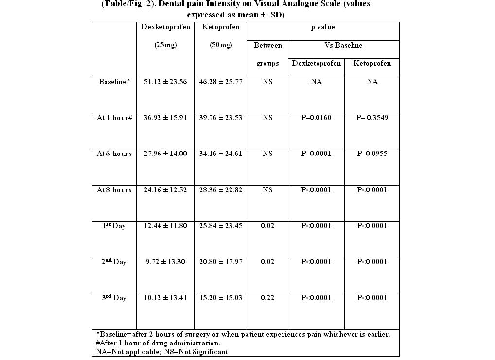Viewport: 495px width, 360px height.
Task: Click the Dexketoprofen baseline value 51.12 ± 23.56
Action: click(x=165, y=82)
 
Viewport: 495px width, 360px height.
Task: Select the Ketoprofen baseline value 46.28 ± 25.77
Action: click(x=221, y=82)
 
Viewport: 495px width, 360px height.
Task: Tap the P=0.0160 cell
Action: click(x=316, y=118)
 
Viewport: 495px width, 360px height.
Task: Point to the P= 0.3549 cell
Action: click(x=372, y=118)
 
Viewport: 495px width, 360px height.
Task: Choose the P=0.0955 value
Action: click(x=372, y=154)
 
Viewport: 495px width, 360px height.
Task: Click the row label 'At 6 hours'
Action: click(x=114, y=154)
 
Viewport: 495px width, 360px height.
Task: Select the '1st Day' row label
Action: click(x=114, y=226)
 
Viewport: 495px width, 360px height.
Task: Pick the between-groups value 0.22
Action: click(x=267, y=298)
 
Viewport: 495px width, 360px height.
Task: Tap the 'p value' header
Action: click(x=323, y=27)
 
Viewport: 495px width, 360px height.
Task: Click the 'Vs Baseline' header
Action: click(x=343, y=45)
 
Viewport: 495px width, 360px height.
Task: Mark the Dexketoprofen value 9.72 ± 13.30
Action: click(x=165, y=262)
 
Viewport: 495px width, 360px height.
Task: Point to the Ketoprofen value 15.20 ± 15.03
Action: click(x=221, y=298)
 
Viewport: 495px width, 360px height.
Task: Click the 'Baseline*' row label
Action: click(x=114, y=82)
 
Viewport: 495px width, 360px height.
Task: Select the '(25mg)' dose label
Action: click(x=165, y=45)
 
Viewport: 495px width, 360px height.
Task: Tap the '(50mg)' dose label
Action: click(x=221, y=45)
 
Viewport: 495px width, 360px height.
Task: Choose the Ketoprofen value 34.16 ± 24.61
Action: click(x=221, y=154)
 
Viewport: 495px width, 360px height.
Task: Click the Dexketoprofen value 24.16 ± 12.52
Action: click(x=165, y=190)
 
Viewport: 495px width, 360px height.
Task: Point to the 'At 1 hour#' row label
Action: click(x=114, y=118)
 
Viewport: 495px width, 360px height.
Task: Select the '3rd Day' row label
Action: click(x=114, y=298)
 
